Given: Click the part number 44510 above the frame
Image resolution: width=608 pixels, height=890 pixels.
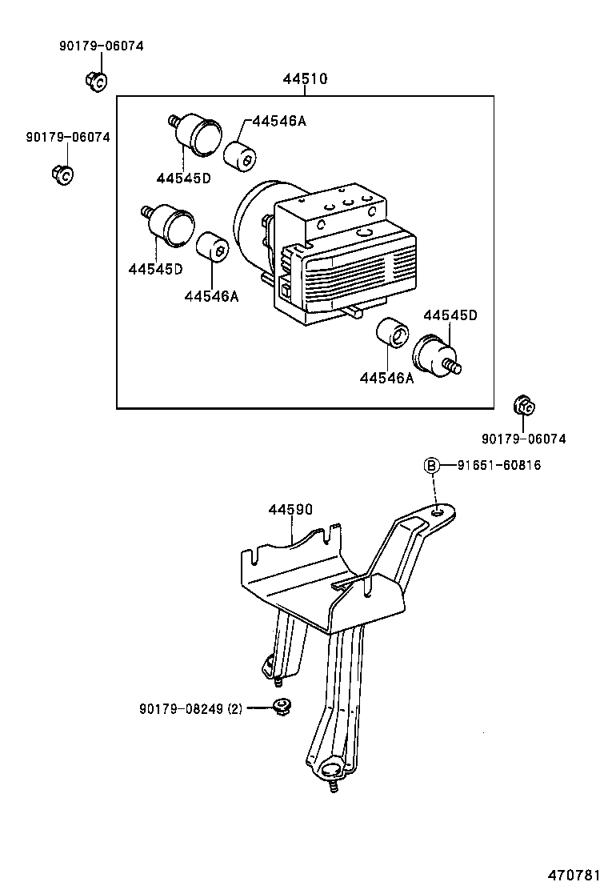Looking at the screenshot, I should coord(304,79).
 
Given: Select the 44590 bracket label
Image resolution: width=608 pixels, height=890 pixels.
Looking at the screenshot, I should coord(290,509).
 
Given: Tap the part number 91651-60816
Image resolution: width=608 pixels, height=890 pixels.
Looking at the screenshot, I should coord(499,465).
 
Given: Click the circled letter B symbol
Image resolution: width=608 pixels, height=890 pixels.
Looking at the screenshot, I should coord(431,465).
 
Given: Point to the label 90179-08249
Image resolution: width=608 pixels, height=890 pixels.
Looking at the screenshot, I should coord(182,708).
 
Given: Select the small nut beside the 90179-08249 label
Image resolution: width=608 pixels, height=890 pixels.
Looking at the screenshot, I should coord(280,705).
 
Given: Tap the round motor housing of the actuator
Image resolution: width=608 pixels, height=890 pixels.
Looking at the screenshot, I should coord(252,224).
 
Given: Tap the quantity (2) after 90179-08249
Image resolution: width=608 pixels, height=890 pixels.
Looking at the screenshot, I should coord(235,708).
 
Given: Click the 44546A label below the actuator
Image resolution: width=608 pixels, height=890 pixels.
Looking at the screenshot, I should coord(386,379).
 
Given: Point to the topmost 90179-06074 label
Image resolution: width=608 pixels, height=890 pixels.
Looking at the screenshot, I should coord(101,46).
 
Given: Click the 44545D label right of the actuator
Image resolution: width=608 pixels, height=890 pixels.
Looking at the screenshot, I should coord(450,315).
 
